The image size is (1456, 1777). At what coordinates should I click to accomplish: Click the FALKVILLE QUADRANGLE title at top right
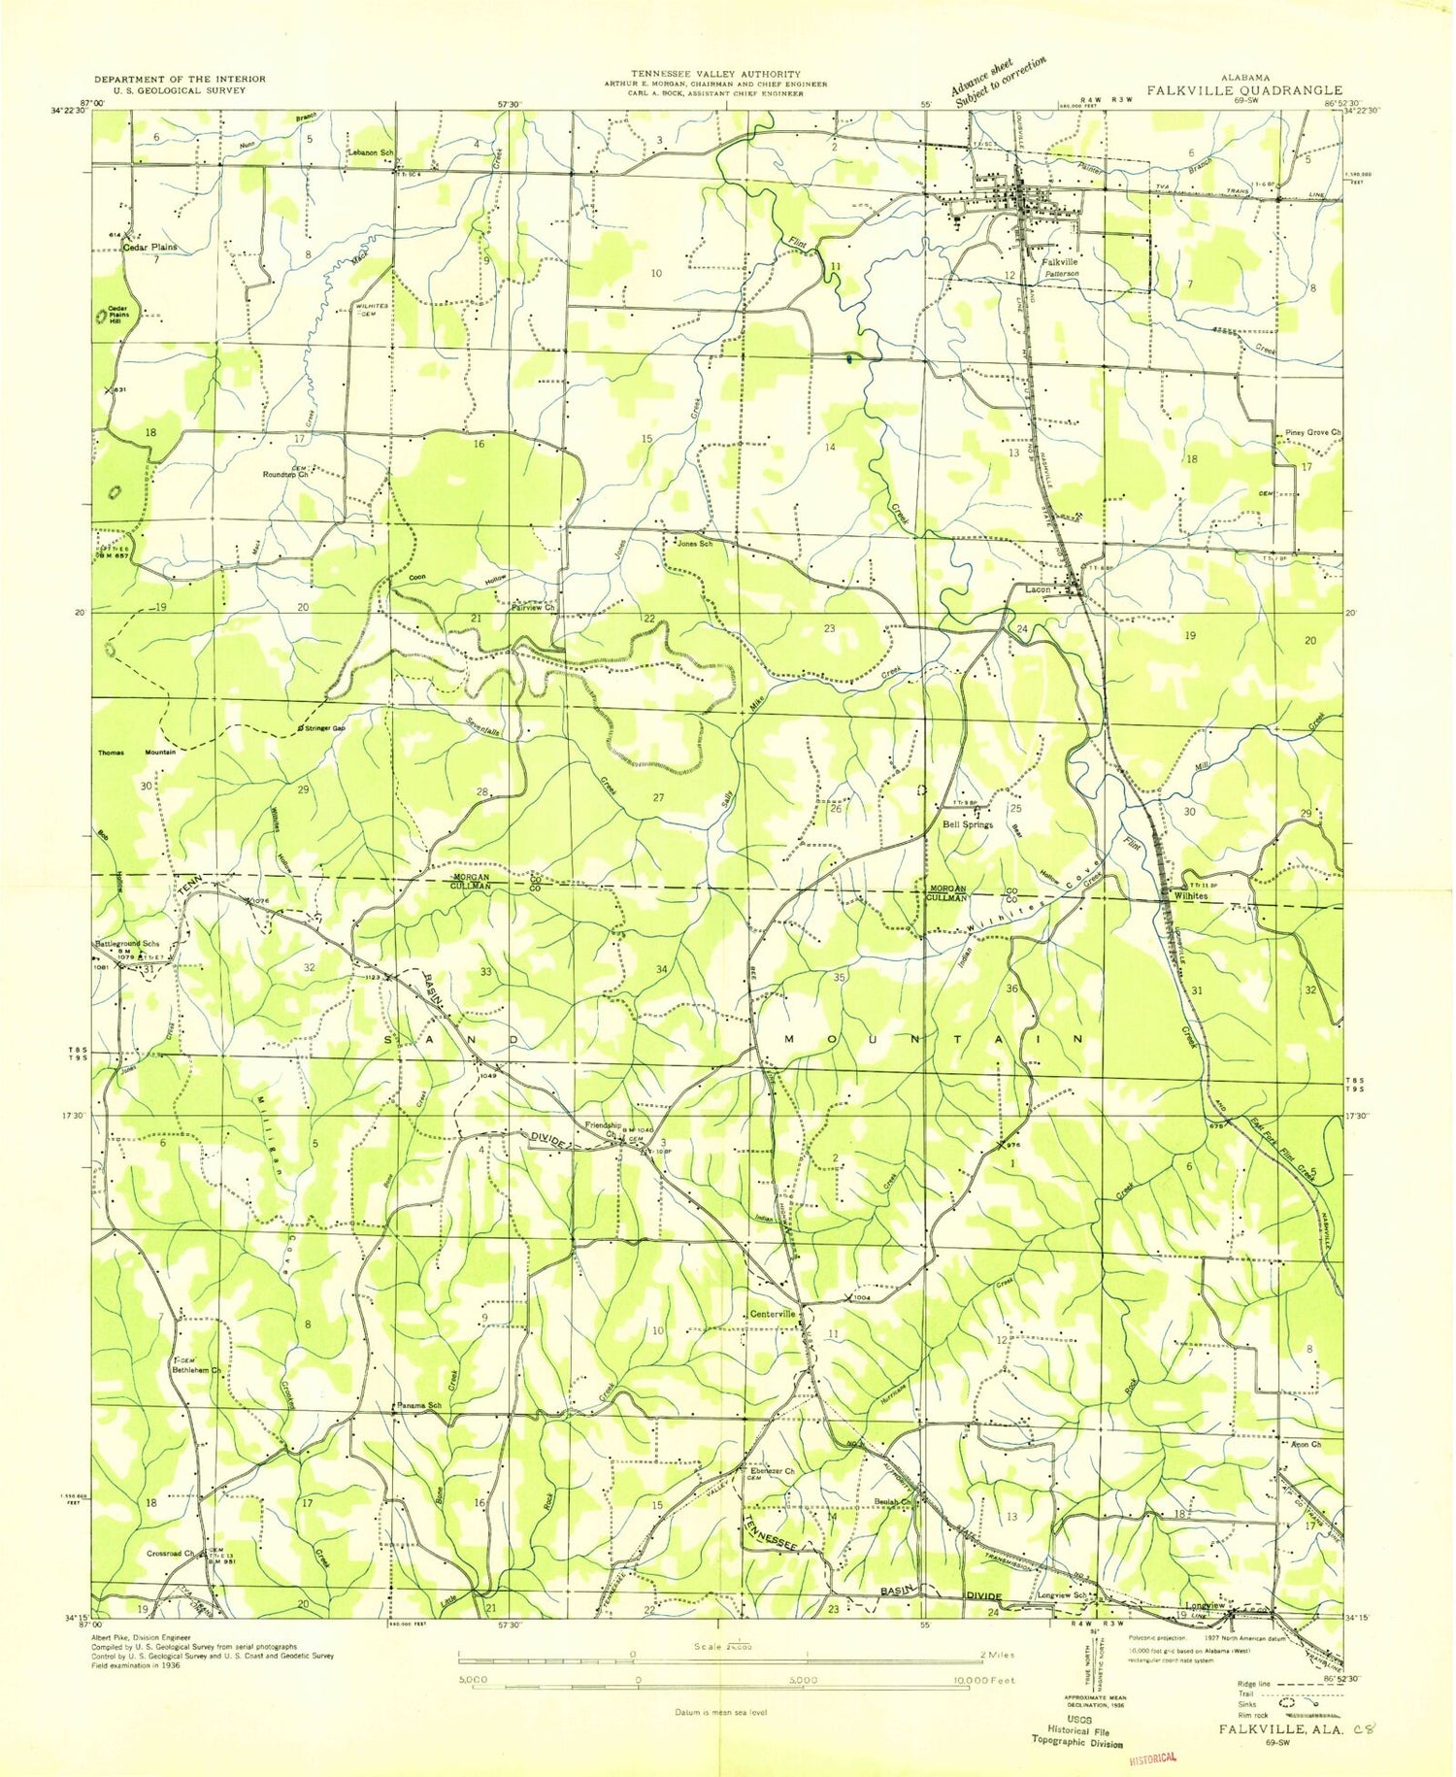(x=1244, y=90)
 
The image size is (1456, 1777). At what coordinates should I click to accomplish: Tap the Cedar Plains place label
(x=150, y=247)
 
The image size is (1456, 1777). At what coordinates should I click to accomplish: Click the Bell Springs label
(x=968, y=824)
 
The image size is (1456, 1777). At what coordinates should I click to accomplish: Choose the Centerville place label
(x=773, y=1314)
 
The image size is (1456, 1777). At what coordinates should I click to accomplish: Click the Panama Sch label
(x=419, y=1405)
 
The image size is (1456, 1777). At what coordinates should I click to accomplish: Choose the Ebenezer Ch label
(x=773, y=1471)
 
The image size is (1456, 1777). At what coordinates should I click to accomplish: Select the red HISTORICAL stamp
(x=1152, y=1757)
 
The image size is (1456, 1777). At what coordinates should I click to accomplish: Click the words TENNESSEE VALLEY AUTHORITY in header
(x=716, y=74)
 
